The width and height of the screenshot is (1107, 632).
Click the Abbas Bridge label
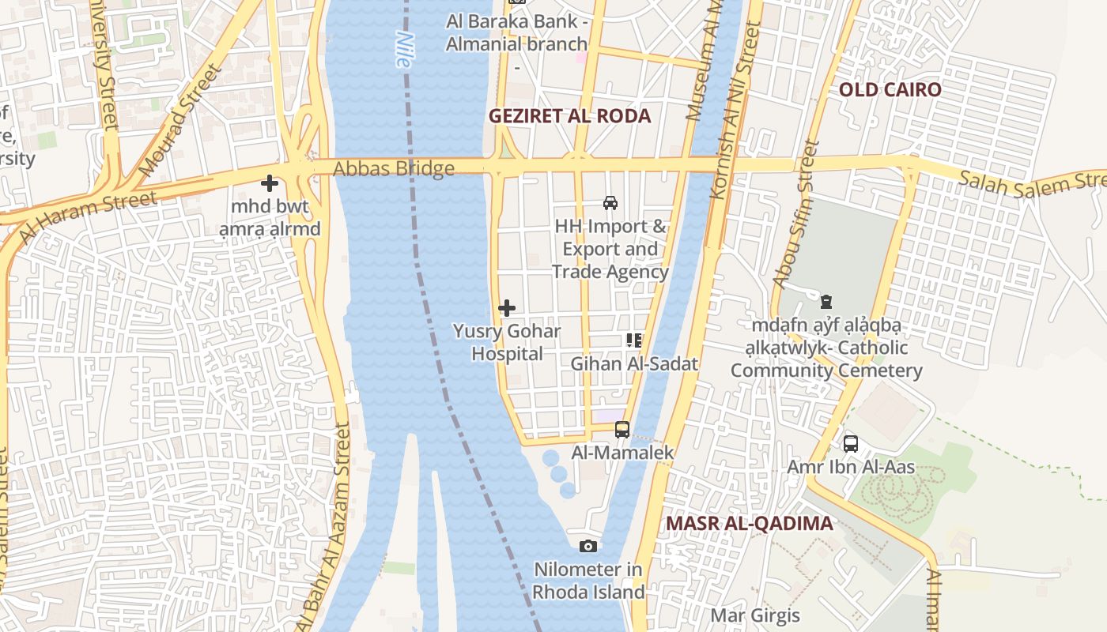393,168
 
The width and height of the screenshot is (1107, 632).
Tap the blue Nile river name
405,49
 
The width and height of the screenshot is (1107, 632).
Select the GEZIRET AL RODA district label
569,116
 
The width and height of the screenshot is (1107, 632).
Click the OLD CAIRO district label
890,89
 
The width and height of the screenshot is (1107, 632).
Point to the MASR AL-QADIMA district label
749,524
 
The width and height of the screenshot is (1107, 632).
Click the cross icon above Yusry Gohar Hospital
507,308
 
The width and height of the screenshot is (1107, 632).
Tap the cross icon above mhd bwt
270,183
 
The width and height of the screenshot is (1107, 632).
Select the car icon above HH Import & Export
610,203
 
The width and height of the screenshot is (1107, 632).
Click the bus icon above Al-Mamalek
622,430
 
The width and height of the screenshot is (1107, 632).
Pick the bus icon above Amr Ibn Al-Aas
851,444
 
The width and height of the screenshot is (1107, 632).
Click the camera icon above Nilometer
588,546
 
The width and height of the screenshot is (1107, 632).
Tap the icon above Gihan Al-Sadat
634,340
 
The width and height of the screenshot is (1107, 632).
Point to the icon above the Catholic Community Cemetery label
826,301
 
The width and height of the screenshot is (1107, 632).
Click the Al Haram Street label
87,216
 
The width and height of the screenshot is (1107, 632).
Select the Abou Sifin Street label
793,215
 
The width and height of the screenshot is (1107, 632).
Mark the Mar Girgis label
755,615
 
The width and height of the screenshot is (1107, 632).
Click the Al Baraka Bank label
516,32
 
